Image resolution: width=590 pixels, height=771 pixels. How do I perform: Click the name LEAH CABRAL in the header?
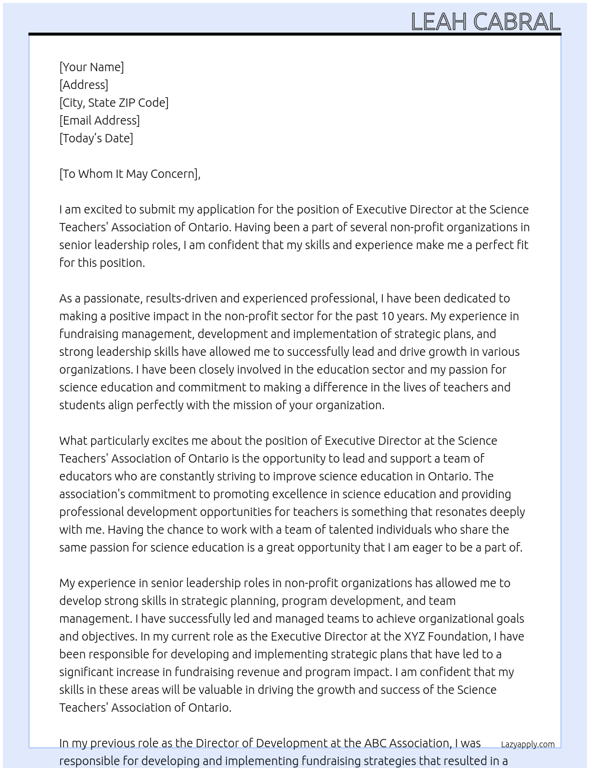click(485, 21)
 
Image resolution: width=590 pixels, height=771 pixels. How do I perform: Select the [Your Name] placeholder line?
click(91, 67)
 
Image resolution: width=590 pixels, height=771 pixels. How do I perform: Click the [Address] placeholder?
click(84, 85)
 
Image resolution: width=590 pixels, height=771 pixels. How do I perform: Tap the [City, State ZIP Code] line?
click(114, 103)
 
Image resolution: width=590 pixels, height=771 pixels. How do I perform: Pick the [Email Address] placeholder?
click(100, 120)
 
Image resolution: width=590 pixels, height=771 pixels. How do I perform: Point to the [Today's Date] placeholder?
click(96, 138)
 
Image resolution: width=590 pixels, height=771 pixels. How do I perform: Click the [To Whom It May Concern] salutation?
click(129, 174)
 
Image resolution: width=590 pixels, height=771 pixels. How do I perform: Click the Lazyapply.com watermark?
click(528, 744)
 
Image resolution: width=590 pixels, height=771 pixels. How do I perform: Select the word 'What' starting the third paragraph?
click(74, 441)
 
